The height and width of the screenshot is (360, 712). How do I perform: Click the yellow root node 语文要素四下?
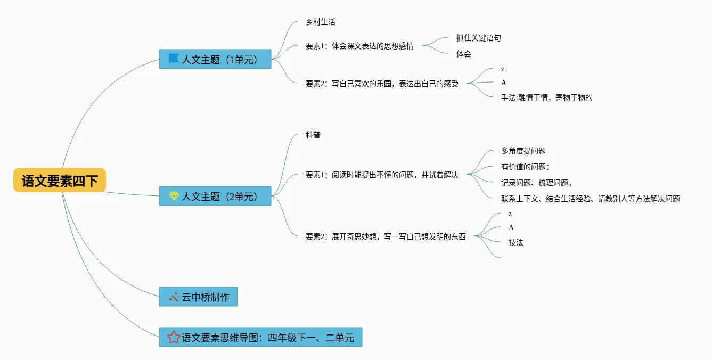pos(60,180)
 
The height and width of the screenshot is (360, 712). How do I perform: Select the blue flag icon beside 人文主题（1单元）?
pos(174,59)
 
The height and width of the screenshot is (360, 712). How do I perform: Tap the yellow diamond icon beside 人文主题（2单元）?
pos(174,196)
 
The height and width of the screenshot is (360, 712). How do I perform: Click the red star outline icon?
pos(174,337)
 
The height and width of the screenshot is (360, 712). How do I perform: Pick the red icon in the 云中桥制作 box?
pos(174,297)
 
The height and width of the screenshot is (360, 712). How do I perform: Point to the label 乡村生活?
pos(321,22)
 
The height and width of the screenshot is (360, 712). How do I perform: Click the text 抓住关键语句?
pos(478,38)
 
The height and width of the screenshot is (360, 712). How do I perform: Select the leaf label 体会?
pos(463,54)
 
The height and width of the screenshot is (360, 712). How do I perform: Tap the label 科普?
pos(313,135)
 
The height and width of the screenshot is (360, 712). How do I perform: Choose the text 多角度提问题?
pos(523,151)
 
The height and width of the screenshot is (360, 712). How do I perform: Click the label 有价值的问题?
pos(525,167)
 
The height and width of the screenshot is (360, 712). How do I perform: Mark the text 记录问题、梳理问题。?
pos(537,183)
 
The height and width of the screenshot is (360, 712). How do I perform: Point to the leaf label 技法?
pos(515,242)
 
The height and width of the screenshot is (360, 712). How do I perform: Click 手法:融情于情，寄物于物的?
pos(547,97)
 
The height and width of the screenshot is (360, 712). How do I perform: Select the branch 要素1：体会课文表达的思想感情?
pos(359,46)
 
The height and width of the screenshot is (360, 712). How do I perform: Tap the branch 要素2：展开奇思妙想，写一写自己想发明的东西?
pos(386,236)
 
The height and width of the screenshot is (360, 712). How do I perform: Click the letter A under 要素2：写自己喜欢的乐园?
pos(503,83)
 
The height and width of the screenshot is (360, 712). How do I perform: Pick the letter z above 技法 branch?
pos(510,214)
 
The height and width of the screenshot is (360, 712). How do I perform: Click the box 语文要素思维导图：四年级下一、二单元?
pos(260,337)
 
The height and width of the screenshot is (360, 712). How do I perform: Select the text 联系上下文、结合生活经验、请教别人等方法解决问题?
pos(590,199)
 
